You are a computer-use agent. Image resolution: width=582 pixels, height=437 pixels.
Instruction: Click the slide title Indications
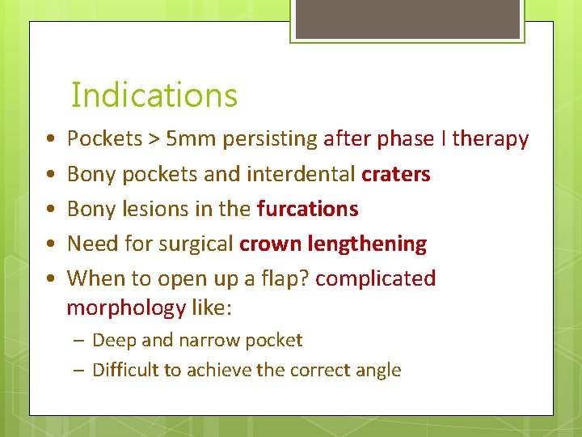click(154, 95)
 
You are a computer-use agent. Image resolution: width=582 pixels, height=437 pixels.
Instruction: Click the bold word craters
click(396, 174)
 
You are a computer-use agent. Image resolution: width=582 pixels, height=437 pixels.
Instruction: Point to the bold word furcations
click(307, 209)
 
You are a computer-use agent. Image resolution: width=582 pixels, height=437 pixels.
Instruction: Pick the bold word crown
click(272, 244)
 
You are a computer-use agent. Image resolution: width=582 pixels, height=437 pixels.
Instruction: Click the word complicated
click(375, 278)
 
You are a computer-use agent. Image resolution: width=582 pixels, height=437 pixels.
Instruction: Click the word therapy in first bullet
click(491, 139)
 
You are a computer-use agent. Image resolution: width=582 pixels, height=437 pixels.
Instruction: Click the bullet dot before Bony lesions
click(50, 209)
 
